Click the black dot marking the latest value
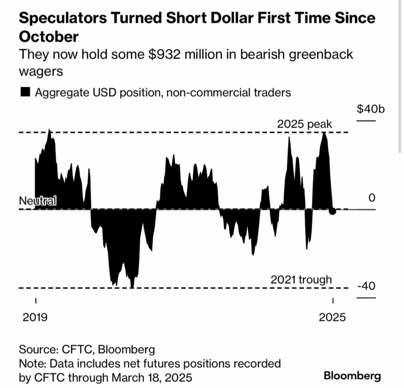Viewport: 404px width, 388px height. [x=333, y=211]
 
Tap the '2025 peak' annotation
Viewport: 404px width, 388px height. [x=304, y=124]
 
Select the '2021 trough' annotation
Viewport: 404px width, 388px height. [x=301, y=280]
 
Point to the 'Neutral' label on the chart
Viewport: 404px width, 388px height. [x=38, y=201]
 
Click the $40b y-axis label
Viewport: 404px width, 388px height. [x=370, y=109]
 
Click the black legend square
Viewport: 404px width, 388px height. [x=25, y=92]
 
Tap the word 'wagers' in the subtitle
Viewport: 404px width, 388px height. [x=41, y=72]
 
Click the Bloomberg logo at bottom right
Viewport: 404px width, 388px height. [x=352, y=375]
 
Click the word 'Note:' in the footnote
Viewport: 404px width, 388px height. [x=33, y=364]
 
